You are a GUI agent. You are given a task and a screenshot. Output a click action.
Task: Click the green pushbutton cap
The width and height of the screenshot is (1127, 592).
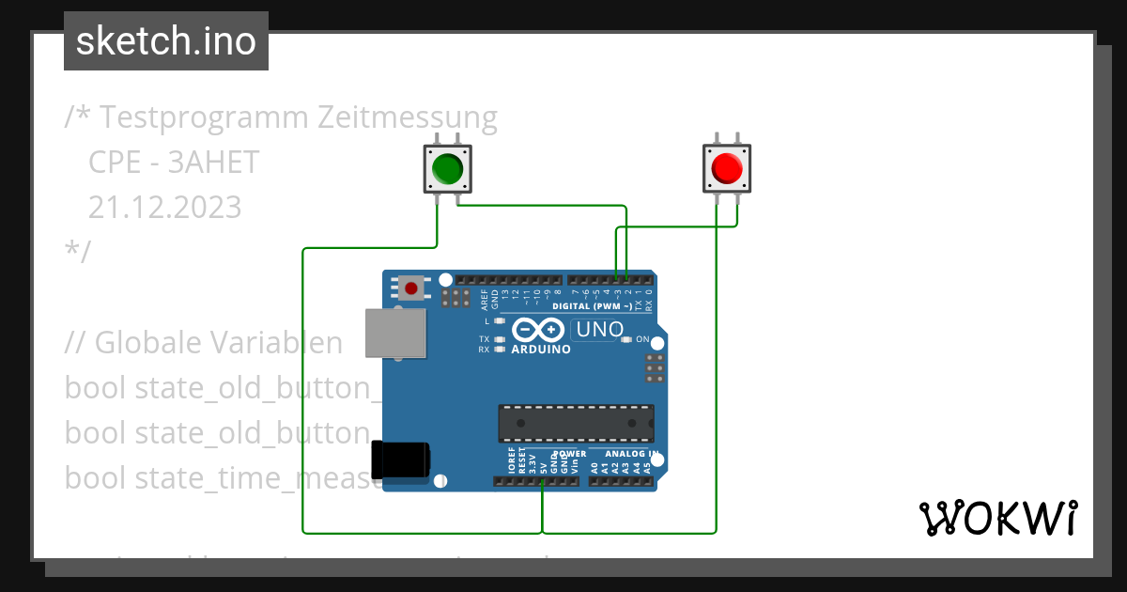coord(446,169)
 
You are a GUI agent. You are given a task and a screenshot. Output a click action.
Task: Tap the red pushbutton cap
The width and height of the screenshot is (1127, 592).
coord(727,169)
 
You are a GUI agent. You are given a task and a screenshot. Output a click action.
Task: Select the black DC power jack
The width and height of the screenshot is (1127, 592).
coord(401,460)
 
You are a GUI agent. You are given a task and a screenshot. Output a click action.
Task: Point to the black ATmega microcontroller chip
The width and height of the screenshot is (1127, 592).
coord(576,424)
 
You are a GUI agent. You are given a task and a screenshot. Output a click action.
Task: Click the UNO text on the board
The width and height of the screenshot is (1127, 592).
coord(599,330)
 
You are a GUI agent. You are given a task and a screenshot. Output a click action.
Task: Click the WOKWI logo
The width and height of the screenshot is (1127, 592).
coord(997,518)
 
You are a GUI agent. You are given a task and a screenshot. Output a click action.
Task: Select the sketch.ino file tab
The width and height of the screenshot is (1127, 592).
coord(166,41)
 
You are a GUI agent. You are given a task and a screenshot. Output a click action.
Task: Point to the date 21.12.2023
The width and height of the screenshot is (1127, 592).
coord(164,207)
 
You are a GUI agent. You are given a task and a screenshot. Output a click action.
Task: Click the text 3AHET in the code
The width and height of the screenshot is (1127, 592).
coord(213,163)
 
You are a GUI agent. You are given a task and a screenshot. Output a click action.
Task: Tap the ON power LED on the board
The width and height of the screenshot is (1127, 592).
coord(629,339)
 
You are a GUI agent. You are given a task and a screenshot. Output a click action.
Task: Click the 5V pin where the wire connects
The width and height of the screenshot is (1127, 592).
coord(543,481)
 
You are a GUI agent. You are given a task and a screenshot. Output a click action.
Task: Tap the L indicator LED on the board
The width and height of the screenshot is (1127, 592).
coord(500,322)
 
